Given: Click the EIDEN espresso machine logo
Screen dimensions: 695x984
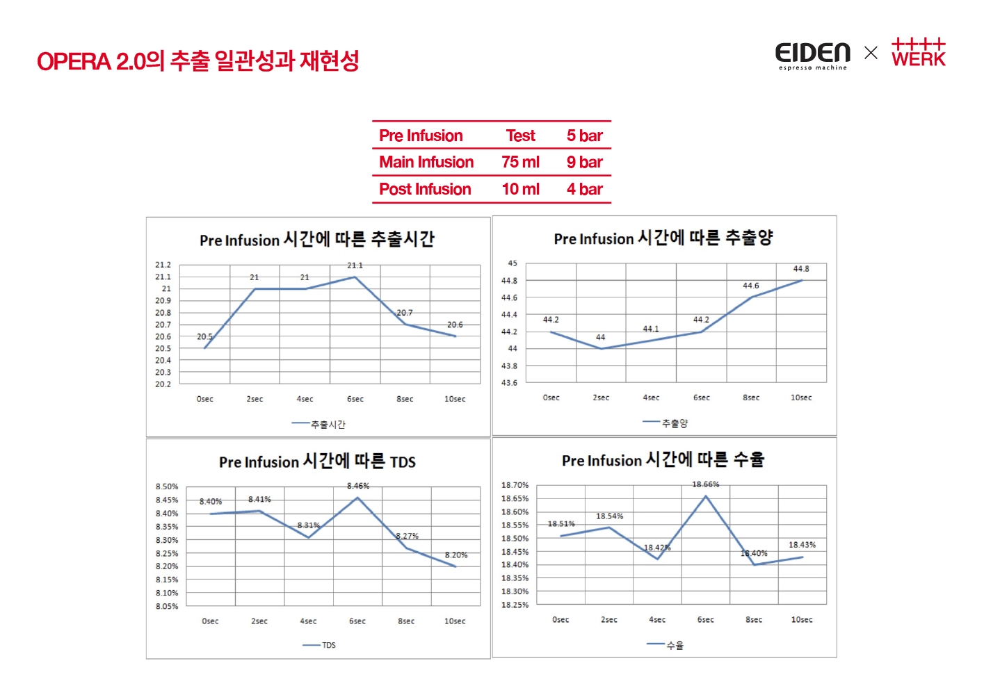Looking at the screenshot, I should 812,56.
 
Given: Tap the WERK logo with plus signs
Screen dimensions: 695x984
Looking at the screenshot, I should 919,53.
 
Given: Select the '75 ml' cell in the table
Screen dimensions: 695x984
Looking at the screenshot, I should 520,162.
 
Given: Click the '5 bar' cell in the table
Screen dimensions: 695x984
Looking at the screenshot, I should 584,136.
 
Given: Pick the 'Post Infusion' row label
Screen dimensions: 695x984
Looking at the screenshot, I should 425,189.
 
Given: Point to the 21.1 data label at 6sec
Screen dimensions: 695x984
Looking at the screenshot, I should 355,265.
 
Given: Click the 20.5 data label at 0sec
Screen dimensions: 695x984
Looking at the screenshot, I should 204,336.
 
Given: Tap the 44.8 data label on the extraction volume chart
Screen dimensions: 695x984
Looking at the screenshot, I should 801,269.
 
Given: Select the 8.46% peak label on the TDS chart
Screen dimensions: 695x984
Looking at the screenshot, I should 358,486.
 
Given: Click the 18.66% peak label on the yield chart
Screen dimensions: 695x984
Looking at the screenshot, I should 705,484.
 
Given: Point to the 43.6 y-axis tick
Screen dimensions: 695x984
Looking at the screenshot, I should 509,382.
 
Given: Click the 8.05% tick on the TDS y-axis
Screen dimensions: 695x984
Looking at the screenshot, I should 167,606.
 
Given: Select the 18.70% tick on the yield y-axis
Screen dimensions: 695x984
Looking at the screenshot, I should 515,485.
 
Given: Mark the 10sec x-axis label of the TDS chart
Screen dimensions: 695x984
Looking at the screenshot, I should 455,621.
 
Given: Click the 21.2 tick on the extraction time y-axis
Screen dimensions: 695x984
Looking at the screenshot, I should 163,265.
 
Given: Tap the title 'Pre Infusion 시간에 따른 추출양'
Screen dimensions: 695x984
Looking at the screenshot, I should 663,238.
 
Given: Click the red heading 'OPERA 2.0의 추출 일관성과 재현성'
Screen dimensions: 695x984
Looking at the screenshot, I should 198,61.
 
